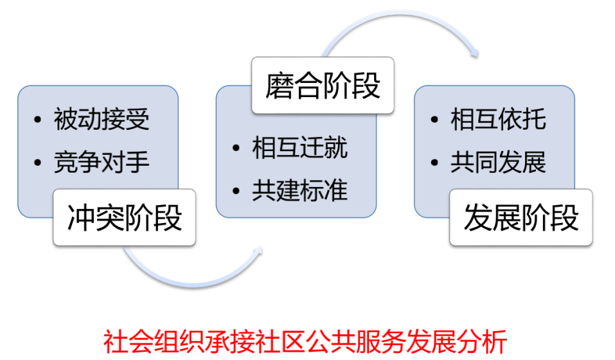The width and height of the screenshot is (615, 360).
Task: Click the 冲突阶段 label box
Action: (x=124, y=218)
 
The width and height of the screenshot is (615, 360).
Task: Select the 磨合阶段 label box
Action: (x=323, y=85)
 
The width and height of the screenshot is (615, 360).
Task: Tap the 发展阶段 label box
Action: (x=521, y=218)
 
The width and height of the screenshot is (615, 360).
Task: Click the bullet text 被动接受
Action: (x=102, y=119)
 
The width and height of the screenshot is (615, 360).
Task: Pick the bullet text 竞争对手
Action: (x=102, y=162)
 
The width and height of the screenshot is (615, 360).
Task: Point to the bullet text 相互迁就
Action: (x=299, y=148)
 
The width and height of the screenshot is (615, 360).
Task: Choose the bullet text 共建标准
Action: (x=299, y=190)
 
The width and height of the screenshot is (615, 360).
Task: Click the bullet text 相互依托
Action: (x=498, y=119)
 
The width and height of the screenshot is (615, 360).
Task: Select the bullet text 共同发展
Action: (x=498, y=162)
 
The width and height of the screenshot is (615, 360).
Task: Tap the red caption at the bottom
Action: (x=305, y=342)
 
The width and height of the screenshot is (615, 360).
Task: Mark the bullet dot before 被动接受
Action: (x=38, y=120)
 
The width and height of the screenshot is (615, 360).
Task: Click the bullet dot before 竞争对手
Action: (x=38, y=163)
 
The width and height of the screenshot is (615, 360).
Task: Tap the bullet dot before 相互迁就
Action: (x=236, y=148)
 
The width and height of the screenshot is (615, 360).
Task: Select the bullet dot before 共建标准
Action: (x=236, y=191)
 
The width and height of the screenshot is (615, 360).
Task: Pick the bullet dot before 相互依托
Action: (x=434, y=120)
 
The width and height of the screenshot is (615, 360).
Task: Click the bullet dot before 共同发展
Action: (x=434, y=163)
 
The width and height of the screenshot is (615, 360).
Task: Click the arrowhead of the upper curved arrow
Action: (x=476, y=53)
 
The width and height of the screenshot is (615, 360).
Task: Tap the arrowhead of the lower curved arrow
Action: (x=259, y=251)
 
